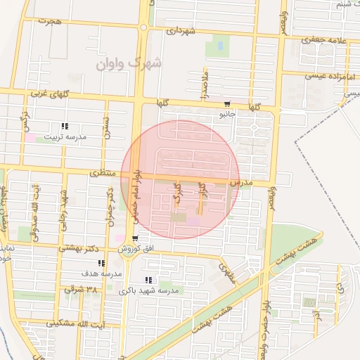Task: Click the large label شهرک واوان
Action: pyautogui.click(x=129, y=64)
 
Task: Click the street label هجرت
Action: pyautogui.click(x=51, y=22)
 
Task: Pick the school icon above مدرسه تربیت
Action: pyautogui.click(x=65, y=127)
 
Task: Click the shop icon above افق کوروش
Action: pyautogui.click(x=134, y=238)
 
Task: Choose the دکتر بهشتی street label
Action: pyautogui.click(x=84, y=249)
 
